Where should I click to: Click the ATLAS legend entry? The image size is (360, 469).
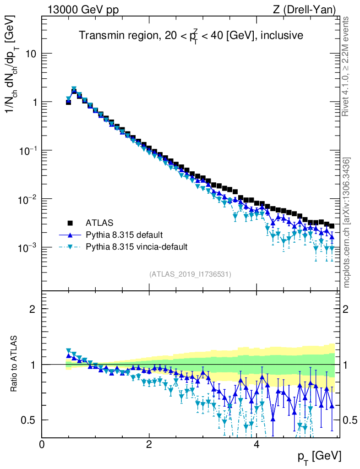(99, 224)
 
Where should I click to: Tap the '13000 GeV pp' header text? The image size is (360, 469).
(82, 9)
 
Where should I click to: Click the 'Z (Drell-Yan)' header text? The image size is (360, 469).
(310, 9)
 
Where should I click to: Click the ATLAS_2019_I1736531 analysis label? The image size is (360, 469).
(190, 274)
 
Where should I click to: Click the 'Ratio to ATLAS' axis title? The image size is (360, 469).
(15, 364)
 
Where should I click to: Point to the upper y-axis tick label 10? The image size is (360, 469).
(31, 54)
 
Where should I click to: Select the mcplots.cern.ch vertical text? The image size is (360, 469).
(347, 222)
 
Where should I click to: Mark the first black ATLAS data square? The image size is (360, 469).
(68, 103)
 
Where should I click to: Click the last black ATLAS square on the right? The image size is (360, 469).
(332, 226)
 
